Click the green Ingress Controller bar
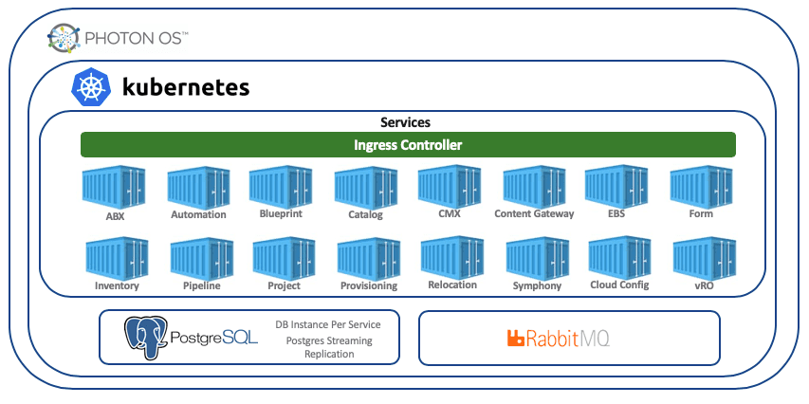click(408, 145)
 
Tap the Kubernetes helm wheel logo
click(92, 87)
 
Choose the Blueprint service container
click(281, 186)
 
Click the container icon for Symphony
click(537, 258)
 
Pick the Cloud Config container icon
click(619, 257)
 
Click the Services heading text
click(405, 122)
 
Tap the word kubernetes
click(186, 88)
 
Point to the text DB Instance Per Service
click(328, 324)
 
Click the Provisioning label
click(368, 285)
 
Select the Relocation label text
click(452, 285)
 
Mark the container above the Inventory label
click(117, 258)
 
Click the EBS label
click(616, 214)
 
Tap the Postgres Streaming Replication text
click(328, 347)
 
